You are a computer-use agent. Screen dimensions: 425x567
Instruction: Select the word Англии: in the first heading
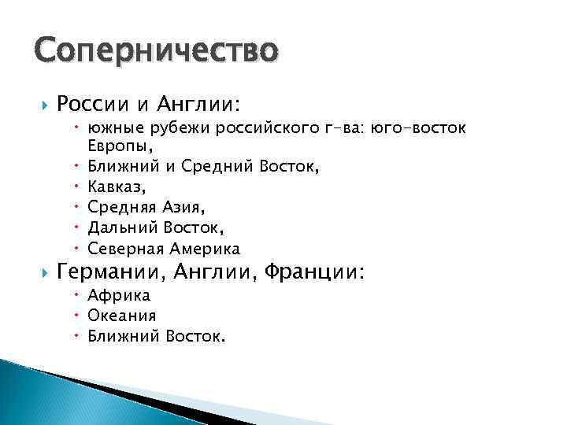(201, 104)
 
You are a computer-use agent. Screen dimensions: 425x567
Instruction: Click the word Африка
(119, 296)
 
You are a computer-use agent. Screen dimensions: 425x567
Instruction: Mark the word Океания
(122, 316)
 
